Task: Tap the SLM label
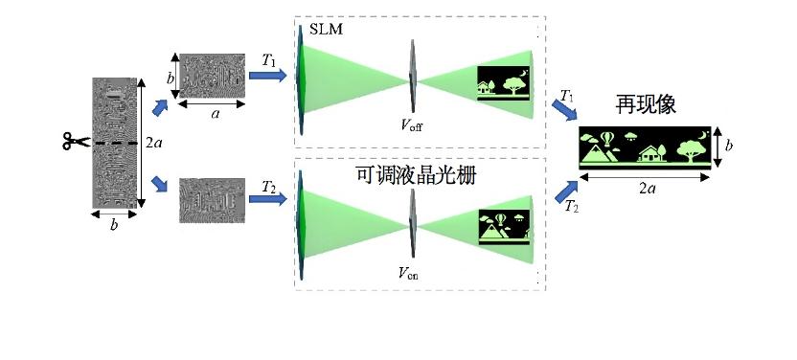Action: [x=326, y=30]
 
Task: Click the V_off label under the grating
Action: [x=411, y=124]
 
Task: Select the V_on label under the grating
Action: [x=408, y=274]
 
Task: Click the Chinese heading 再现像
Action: [x=646, y=105]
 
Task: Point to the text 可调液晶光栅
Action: [x=416, y=175]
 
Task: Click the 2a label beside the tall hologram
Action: [x=154, y=144]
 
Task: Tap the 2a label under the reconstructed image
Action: [x=647, y=189]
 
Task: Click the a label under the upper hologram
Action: [x=215, y=114]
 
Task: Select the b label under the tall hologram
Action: [x=113, y=225]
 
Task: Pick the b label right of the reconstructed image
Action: [x=728, y=146]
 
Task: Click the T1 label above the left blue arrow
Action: [x=268, y=60]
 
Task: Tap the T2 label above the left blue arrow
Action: [x=269, y=187]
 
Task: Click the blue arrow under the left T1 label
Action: [x=268, y=76]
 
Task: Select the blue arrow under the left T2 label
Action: [x=268, y=198]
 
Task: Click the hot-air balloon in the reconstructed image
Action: [x=606, y=139]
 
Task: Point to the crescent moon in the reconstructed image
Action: [x=702, y=135]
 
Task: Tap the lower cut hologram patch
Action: [x=212, y=200]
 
